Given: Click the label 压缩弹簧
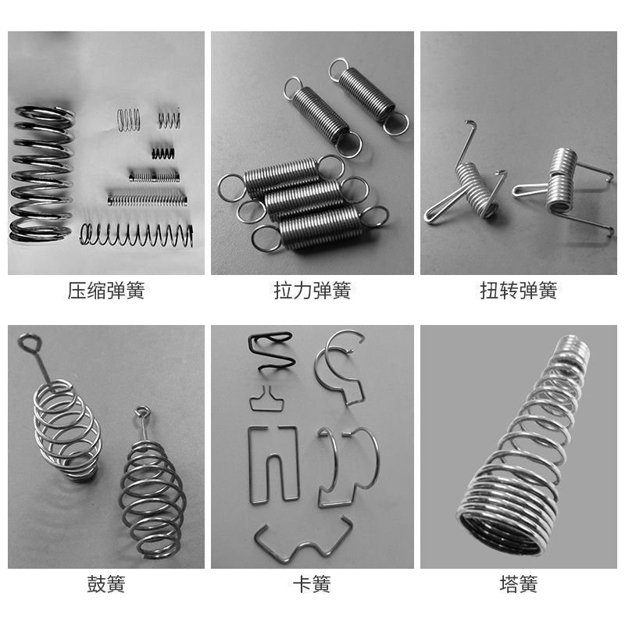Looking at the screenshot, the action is point(106,290).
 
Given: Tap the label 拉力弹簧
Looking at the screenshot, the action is point(312,290).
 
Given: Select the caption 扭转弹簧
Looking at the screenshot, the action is point(519,290).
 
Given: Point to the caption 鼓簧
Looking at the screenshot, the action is point(106,584).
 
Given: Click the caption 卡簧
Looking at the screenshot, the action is point(312,584).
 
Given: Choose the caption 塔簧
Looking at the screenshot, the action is point(519,584).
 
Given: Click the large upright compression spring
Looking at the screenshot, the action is point(42,173).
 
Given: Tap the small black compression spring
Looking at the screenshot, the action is point(163,153).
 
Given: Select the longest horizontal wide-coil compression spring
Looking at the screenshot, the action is point(136,235).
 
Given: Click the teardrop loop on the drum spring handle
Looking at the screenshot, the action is point(30,342).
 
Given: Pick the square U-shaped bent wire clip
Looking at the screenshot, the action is point(273,464).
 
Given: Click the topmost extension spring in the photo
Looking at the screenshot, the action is point(368,95).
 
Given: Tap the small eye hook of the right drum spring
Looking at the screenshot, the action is point(142,412).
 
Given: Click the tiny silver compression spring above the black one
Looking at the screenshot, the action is point(169,119).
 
